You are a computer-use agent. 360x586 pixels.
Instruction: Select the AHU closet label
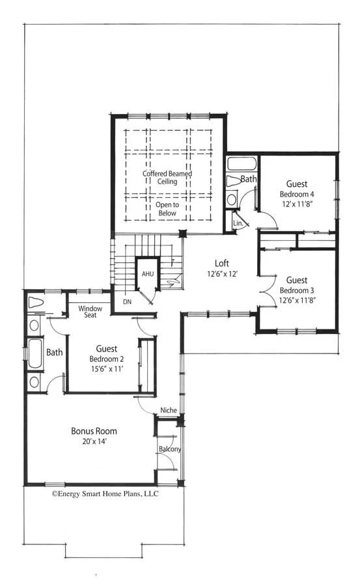(x=147, y=274)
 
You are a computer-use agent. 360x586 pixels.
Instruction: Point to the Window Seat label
(x=90, y=312)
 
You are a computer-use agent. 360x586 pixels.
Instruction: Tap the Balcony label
(x=169, y=449)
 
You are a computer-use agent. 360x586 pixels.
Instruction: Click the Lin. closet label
(x=238, y=224)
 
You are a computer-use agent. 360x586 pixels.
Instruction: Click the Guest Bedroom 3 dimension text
(x=296, y=300)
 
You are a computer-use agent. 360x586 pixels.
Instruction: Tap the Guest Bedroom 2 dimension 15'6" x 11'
(x=107, y=369)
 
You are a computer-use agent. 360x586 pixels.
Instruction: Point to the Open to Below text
(x=166, y=208)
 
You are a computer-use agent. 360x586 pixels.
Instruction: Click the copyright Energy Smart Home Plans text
(x=105, y=494)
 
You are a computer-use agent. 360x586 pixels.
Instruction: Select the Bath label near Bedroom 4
(x=248, y=179)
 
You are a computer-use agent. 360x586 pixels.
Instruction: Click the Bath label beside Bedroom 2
(x=54, y=352)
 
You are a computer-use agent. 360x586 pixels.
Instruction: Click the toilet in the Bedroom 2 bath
(x=35, y=303)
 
